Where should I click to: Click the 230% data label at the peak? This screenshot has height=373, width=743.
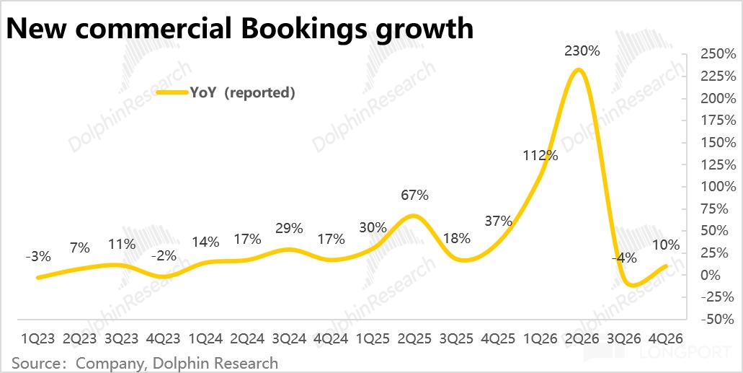582,51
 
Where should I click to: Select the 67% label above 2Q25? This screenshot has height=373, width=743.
414,195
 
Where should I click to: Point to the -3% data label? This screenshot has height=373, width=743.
38,257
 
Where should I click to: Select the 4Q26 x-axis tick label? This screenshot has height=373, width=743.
667,339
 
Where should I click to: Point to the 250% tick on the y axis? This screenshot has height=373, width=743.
716,55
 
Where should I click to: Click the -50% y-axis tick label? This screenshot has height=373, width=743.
716,319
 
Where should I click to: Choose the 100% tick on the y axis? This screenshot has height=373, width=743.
716,187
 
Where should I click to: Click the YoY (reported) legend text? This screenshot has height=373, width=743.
242,93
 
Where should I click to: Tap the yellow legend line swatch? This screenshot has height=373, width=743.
172,93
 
